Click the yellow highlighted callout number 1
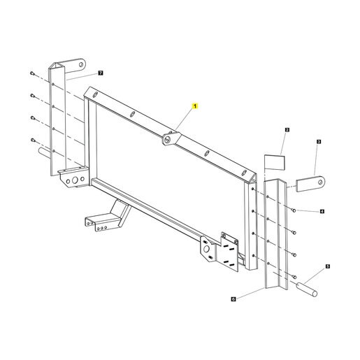(x=195, y=106)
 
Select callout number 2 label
(x=287, y=130)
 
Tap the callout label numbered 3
(x=319, y=141)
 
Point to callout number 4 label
(x=322, y=211)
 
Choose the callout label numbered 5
(x=328, y=266)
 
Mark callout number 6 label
(x=233, y=299)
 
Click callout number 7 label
(x=101, y=73)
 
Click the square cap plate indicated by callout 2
(x=275, y=162)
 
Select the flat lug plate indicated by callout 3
(x=310, y=184)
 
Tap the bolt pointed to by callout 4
(x=294, y=210)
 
